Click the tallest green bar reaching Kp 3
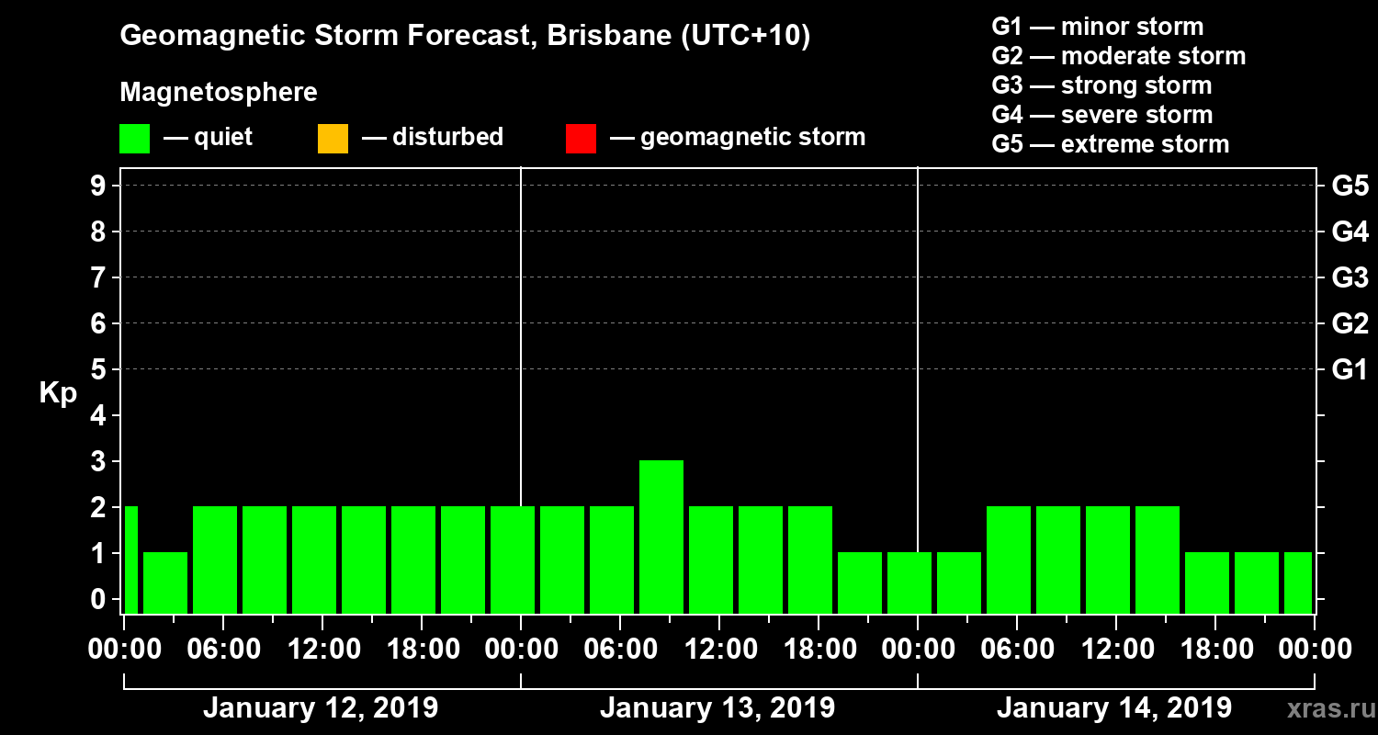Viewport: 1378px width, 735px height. (661, 536)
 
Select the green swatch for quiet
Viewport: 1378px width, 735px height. (134, 139)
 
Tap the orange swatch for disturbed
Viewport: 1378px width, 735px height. (333, 139)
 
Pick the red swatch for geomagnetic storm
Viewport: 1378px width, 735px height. (581, 139)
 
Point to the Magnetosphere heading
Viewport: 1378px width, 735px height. (219, 93)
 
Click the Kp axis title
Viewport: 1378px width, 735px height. (58, 393)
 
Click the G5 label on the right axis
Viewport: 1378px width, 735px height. (1350, 187)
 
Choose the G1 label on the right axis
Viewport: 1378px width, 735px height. (1350, 370)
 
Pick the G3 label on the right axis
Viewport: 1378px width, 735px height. (1350, 278)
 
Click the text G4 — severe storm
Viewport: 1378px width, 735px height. (1102, 115)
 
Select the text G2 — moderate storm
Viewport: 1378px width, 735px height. (1119, 56)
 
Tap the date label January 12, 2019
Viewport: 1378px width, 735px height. (320, 708)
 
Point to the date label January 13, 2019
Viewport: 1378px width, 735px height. (717, 708)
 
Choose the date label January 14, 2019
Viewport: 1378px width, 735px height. (1114, 708)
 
